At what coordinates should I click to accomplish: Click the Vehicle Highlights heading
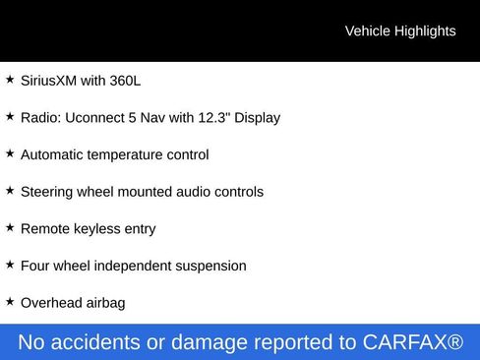(400, 31)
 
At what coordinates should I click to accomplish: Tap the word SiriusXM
(48, 81)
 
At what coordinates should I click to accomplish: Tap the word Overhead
(51, 303)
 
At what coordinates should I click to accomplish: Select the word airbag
(105, 303)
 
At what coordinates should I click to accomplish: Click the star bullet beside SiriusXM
(10, 79)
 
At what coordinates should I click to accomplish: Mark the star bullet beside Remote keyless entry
(10, 227)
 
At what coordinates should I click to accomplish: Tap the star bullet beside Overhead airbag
(10, 301)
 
